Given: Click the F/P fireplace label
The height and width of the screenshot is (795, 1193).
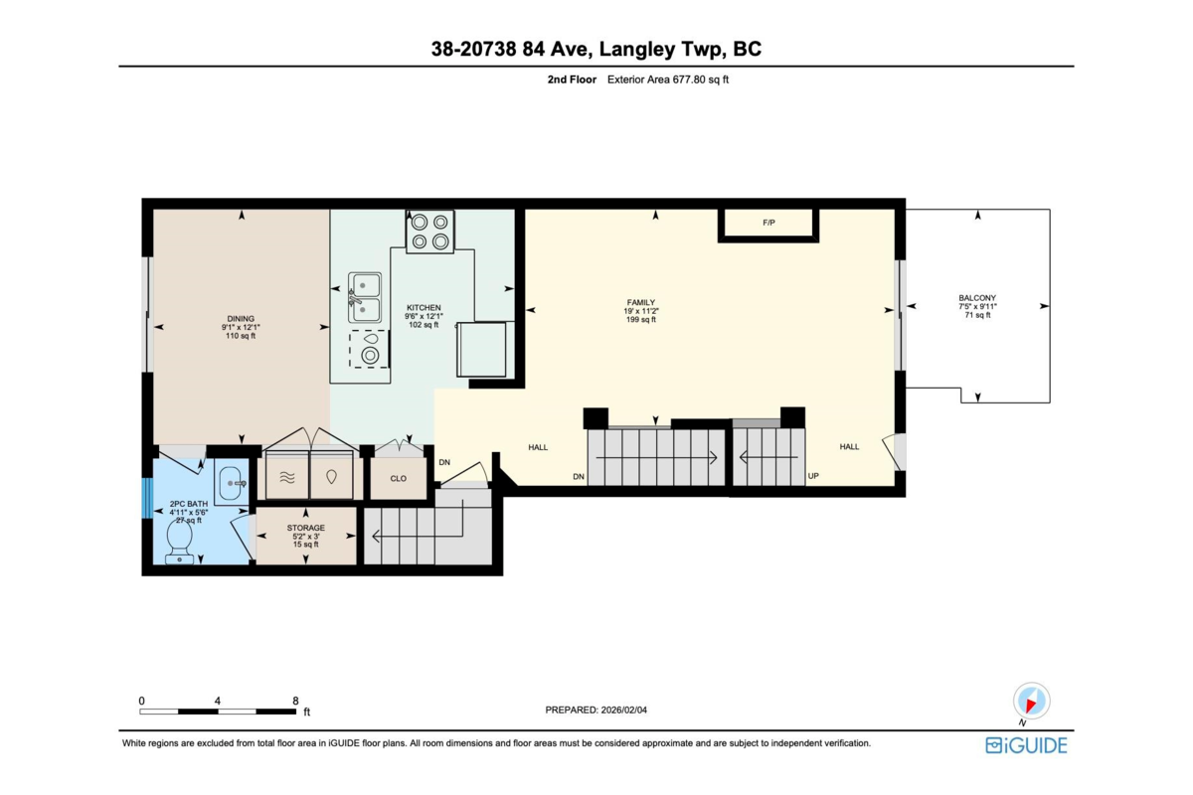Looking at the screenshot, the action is click(767, 223).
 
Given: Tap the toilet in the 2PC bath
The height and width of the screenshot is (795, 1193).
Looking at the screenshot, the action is click(180, 542).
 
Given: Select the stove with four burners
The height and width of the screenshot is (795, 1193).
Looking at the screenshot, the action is click(429, 232).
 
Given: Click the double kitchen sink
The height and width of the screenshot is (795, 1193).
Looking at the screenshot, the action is click(365, 297).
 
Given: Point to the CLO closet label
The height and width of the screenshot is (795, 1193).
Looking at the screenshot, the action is click(399, 478).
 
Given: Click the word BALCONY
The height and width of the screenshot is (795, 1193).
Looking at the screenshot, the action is click(977, 298).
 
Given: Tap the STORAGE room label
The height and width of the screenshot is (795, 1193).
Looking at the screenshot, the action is click(306, 528).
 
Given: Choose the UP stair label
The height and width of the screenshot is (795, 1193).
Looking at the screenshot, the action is click(813, 476).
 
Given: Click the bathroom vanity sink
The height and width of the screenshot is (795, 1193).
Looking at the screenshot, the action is click(231, 483).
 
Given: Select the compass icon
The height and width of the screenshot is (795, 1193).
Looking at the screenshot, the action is click(1031, 702).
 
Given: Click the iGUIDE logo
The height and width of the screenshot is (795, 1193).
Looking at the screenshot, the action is click(1026, 745).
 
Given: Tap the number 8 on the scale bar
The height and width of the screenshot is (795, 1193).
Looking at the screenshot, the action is click(295, 701).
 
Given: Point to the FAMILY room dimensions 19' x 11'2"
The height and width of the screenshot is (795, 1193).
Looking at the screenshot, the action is click(641, 311).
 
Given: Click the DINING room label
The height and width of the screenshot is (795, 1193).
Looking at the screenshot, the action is click(241, 318).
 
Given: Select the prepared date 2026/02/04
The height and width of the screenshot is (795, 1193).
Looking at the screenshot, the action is click(624, 710).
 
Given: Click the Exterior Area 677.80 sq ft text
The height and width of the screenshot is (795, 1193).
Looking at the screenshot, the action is click(668, 79).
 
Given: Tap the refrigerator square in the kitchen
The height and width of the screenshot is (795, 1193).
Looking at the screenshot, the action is click(482, 350).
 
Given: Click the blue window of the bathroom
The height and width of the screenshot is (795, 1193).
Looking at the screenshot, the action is click(147, 499).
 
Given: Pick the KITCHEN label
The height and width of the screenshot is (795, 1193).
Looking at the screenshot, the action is click(424, 308).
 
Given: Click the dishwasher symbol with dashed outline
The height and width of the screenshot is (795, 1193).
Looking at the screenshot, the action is click(369, 349).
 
